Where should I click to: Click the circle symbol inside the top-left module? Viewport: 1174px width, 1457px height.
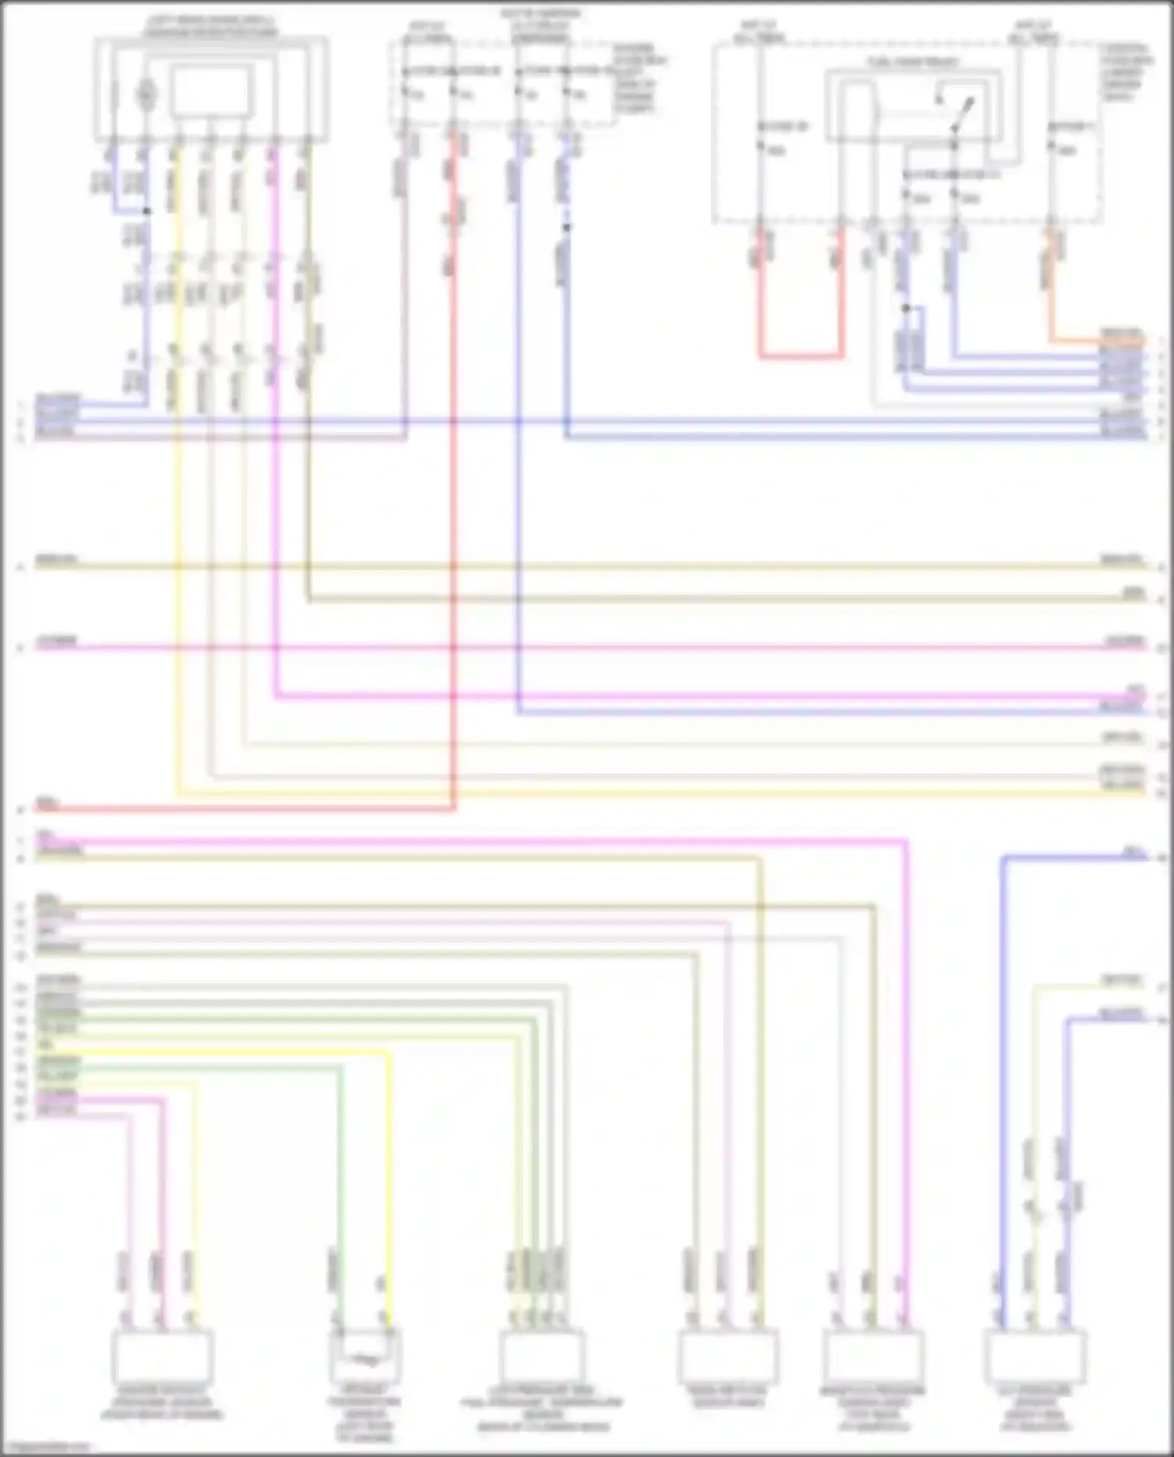(x=145, y=95)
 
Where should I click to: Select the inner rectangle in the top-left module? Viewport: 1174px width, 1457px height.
(x=211, y=91)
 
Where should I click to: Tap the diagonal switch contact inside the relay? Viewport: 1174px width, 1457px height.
(x=963, y=114)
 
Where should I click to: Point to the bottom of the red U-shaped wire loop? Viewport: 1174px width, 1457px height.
(x=801, y=356)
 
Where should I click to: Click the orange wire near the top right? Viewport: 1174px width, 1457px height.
(x=1096, y=341)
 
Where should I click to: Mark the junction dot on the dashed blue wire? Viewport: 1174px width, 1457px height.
(x=567, y=228)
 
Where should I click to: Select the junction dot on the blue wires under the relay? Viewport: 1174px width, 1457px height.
(x=906, y=308)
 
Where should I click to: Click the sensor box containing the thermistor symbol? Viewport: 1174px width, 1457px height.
(x=365, y=1358)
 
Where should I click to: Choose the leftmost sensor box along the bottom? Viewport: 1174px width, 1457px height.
(x=162, y=1358)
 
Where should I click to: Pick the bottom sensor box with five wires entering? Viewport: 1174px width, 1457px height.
(x=542, y=1358)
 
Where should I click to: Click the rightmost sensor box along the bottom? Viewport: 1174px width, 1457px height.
(x=1035, y=1358)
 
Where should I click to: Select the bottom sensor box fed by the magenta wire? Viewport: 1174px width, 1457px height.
(x=873, y=1358)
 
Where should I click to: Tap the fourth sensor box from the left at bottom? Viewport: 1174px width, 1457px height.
(x=728, y=1358)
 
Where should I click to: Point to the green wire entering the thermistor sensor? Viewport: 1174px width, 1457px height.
(x=340, y=1174)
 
